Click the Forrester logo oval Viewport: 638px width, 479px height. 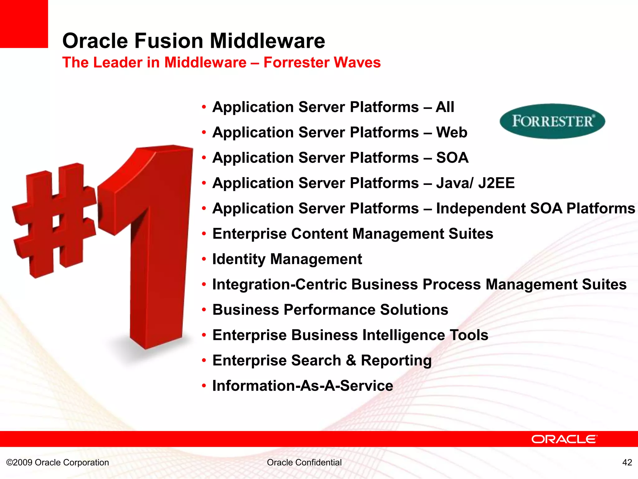pyautogui.click(x=552, y=121)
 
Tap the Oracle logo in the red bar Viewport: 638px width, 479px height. pyautogui.click(x=564, y=439)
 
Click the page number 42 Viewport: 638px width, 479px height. pyautogui.click(x=627, y=462)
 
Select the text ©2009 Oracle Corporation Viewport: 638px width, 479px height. pyautogui.click(x=58, y=462)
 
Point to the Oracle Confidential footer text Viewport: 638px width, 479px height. pyautogui.click(x=304, y=462)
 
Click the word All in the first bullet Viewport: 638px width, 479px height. pyautogui.click(x=445, y=107)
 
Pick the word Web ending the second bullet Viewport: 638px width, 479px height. pyautogui.click(x=452, y=132)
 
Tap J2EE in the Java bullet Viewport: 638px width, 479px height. pyautogui.click(x=496, y=183)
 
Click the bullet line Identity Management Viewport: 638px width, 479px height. pyautogui.click(x=287, y=259)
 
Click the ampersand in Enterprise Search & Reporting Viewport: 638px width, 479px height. pyautogui.click(x=351, y=360)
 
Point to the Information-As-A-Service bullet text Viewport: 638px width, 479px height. pyautogui.click(x=302, y=386)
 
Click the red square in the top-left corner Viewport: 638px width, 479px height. pyautogui.click(x=24, y=24)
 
